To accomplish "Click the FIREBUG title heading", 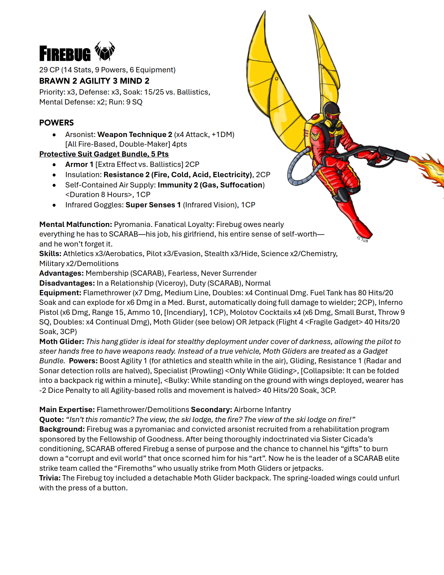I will pyautogui.click(x=65, y=54).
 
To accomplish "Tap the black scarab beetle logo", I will pyautogui.click(x=105, y=51).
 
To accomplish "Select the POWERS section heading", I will pyautogui.click(x=56, y=123).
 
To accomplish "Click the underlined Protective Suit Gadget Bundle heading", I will pyautogui.click(x=104, y=154).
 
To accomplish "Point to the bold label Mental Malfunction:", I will pyautogui.click(x=76, y=225).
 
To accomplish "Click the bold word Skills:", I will pyautogui.click(x=50, y=254).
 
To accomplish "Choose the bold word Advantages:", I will pyautogui.click(x=61, y=273).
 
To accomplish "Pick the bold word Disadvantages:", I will pyautogui.click(x=67, y=283).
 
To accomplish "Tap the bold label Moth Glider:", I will pyautogui.click(x=61, y=342).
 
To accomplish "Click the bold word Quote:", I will pyautogui.click(x=51, y=420).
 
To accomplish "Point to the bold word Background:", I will pyautogui.click(x=62, y=429).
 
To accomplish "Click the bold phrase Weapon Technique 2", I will pyautogui.click(x=135, y=135).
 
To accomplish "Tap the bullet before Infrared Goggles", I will pyautogui.click(x=54, y=205).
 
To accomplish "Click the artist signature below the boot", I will pyautogui.click(x=362, y=240).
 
